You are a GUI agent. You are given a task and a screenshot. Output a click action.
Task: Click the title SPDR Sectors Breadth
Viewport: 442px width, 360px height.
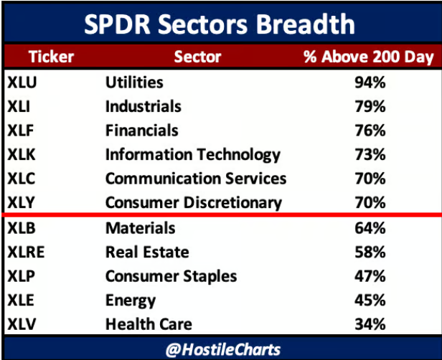(220, 24)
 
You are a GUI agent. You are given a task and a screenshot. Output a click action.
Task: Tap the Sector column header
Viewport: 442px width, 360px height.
(197, 57)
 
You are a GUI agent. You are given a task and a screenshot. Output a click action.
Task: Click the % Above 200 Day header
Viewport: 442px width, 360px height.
(369, 57)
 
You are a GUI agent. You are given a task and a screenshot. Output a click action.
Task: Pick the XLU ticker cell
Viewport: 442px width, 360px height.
(22, 82)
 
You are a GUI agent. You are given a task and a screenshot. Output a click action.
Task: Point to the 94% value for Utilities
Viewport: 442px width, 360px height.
(370, 82)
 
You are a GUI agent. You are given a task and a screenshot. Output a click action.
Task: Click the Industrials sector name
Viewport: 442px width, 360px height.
(143, 107)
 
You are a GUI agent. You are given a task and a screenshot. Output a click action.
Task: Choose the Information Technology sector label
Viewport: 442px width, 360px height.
(192, 155)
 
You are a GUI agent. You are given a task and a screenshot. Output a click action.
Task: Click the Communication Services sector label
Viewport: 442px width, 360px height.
(195, 179)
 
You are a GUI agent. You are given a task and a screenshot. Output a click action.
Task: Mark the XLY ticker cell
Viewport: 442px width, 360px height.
(22, 202)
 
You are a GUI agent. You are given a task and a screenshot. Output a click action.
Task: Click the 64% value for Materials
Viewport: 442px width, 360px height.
(370, 229)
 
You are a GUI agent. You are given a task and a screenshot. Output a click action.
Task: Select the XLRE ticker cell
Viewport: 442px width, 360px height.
(27, 252)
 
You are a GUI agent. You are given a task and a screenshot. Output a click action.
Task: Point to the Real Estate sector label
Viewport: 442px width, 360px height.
(146, 252)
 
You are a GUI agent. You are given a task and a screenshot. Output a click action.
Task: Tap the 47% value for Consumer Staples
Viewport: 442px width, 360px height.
(370, 277)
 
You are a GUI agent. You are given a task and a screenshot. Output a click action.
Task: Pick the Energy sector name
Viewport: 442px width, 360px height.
(130, 300)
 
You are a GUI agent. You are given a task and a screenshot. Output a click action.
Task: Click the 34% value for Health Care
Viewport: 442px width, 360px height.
(370, 324)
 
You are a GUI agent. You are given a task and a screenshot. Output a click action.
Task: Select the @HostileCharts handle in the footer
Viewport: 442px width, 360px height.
(220, 350)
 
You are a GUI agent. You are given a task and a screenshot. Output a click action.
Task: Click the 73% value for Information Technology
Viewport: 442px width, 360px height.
(370, 155)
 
